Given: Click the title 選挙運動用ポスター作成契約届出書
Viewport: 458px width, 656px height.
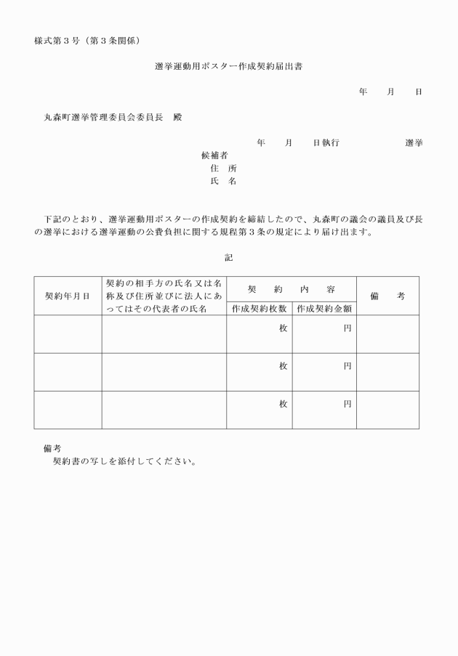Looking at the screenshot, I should (x=229, y=66).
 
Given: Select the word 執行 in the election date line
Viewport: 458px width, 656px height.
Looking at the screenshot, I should (x=331, y=142).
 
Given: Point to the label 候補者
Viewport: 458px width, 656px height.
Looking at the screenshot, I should (x=214, y=155).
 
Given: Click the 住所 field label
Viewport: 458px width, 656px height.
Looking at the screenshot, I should (x=223, y=169).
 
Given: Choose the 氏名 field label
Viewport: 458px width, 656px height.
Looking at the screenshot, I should (x=223, y=182).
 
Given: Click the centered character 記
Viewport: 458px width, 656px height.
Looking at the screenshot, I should (x=229, y=257).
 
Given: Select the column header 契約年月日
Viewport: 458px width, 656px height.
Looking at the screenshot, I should (x=68, y=296).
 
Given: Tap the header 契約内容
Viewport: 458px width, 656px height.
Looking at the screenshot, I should (x=291, y=288).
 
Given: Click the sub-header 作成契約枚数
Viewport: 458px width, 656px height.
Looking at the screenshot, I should (x=260, y=308).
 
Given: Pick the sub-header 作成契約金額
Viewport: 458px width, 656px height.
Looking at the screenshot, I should (x=324, y=308).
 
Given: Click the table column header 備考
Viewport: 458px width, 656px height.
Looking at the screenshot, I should (x=387, y=296).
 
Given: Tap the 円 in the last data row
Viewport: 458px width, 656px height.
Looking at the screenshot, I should (x=347, y=404).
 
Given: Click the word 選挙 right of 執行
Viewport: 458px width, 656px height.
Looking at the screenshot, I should (x=414, y=142).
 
